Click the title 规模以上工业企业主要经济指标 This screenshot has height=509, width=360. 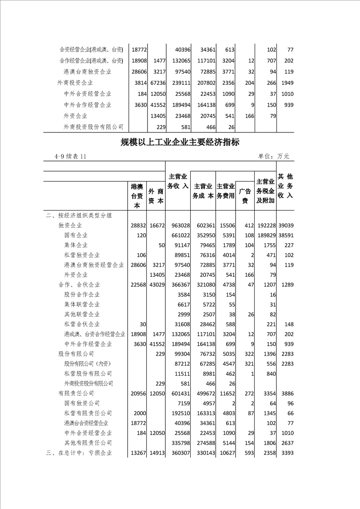[x=180, y=142]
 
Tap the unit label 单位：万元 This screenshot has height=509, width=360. [x=273, y=157]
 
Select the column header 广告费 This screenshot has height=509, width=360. [x=245, y=196]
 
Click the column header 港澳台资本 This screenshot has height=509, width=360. [x=137, y=196]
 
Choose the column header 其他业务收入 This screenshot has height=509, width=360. [x=285, y=186]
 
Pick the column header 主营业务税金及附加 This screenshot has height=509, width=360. [x=265, y=191]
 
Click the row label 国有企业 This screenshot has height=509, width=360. [x=76, y=235]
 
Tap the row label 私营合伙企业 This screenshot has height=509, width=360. [x=82, y=324]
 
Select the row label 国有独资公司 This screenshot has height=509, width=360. [x=82, y=403]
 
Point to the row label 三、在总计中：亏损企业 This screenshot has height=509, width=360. [x=79, y=452]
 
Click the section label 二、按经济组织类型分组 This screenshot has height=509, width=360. [x=79, y=215]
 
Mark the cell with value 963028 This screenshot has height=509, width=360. [x=178, y=225]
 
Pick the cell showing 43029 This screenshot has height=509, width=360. [x=156, y=284]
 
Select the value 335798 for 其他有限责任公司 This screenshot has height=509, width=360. [x=178, y=442]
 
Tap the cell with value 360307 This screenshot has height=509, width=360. [x=178, y=452]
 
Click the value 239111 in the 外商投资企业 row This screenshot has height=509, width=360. [x=178, y=83]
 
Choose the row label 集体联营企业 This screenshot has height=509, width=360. [x=82, y=304]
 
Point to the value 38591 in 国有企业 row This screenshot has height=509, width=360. [x=286, y=235]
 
